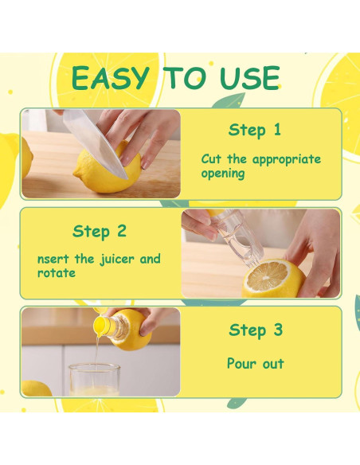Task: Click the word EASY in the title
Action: pos(109,78)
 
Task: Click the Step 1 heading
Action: pos(254,130)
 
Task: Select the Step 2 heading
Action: pos(100,232)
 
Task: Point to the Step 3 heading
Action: pos(255,330)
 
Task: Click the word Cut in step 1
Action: pos(210,159)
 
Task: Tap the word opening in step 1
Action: pos(223,174)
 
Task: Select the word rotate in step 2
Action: pos(57,273)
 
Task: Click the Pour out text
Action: pos(255,364)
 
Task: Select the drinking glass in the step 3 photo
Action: pos(94,380)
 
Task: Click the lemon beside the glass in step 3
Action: pos(35,389)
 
